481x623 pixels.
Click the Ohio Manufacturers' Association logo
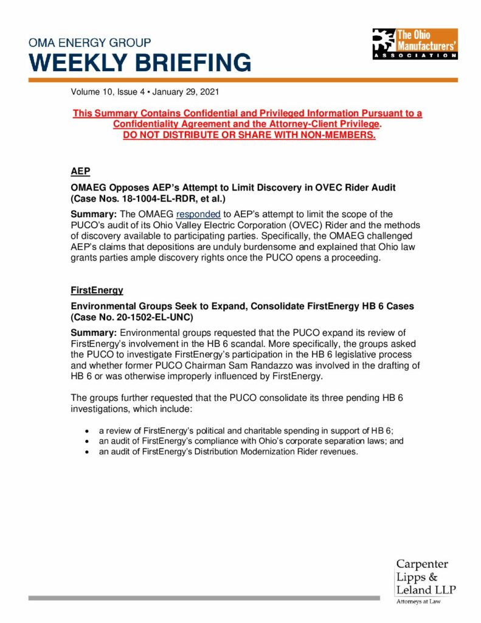[414, 44]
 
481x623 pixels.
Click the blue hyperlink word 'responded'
[198, 214]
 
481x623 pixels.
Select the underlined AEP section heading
[80, 172]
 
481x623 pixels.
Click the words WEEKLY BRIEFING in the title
[140, 63]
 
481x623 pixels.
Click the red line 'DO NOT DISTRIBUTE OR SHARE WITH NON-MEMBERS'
[249, 135]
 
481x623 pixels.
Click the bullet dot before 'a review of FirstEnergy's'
[88, 430]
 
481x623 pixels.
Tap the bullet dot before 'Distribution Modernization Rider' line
[88, 451]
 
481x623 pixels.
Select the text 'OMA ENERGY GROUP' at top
[90, 43]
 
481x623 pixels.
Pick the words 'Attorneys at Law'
[419, 602]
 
